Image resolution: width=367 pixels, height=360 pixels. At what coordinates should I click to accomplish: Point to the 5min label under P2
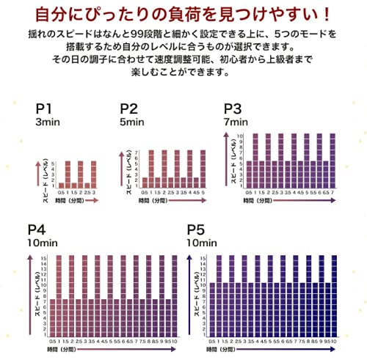[132, 124]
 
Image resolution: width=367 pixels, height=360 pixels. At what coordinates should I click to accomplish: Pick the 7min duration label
[236, 124]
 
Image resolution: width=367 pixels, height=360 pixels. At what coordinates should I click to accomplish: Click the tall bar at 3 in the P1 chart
[93, 175]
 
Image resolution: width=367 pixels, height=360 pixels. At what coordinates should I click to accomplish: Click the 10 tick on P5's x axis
[335, 340]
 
